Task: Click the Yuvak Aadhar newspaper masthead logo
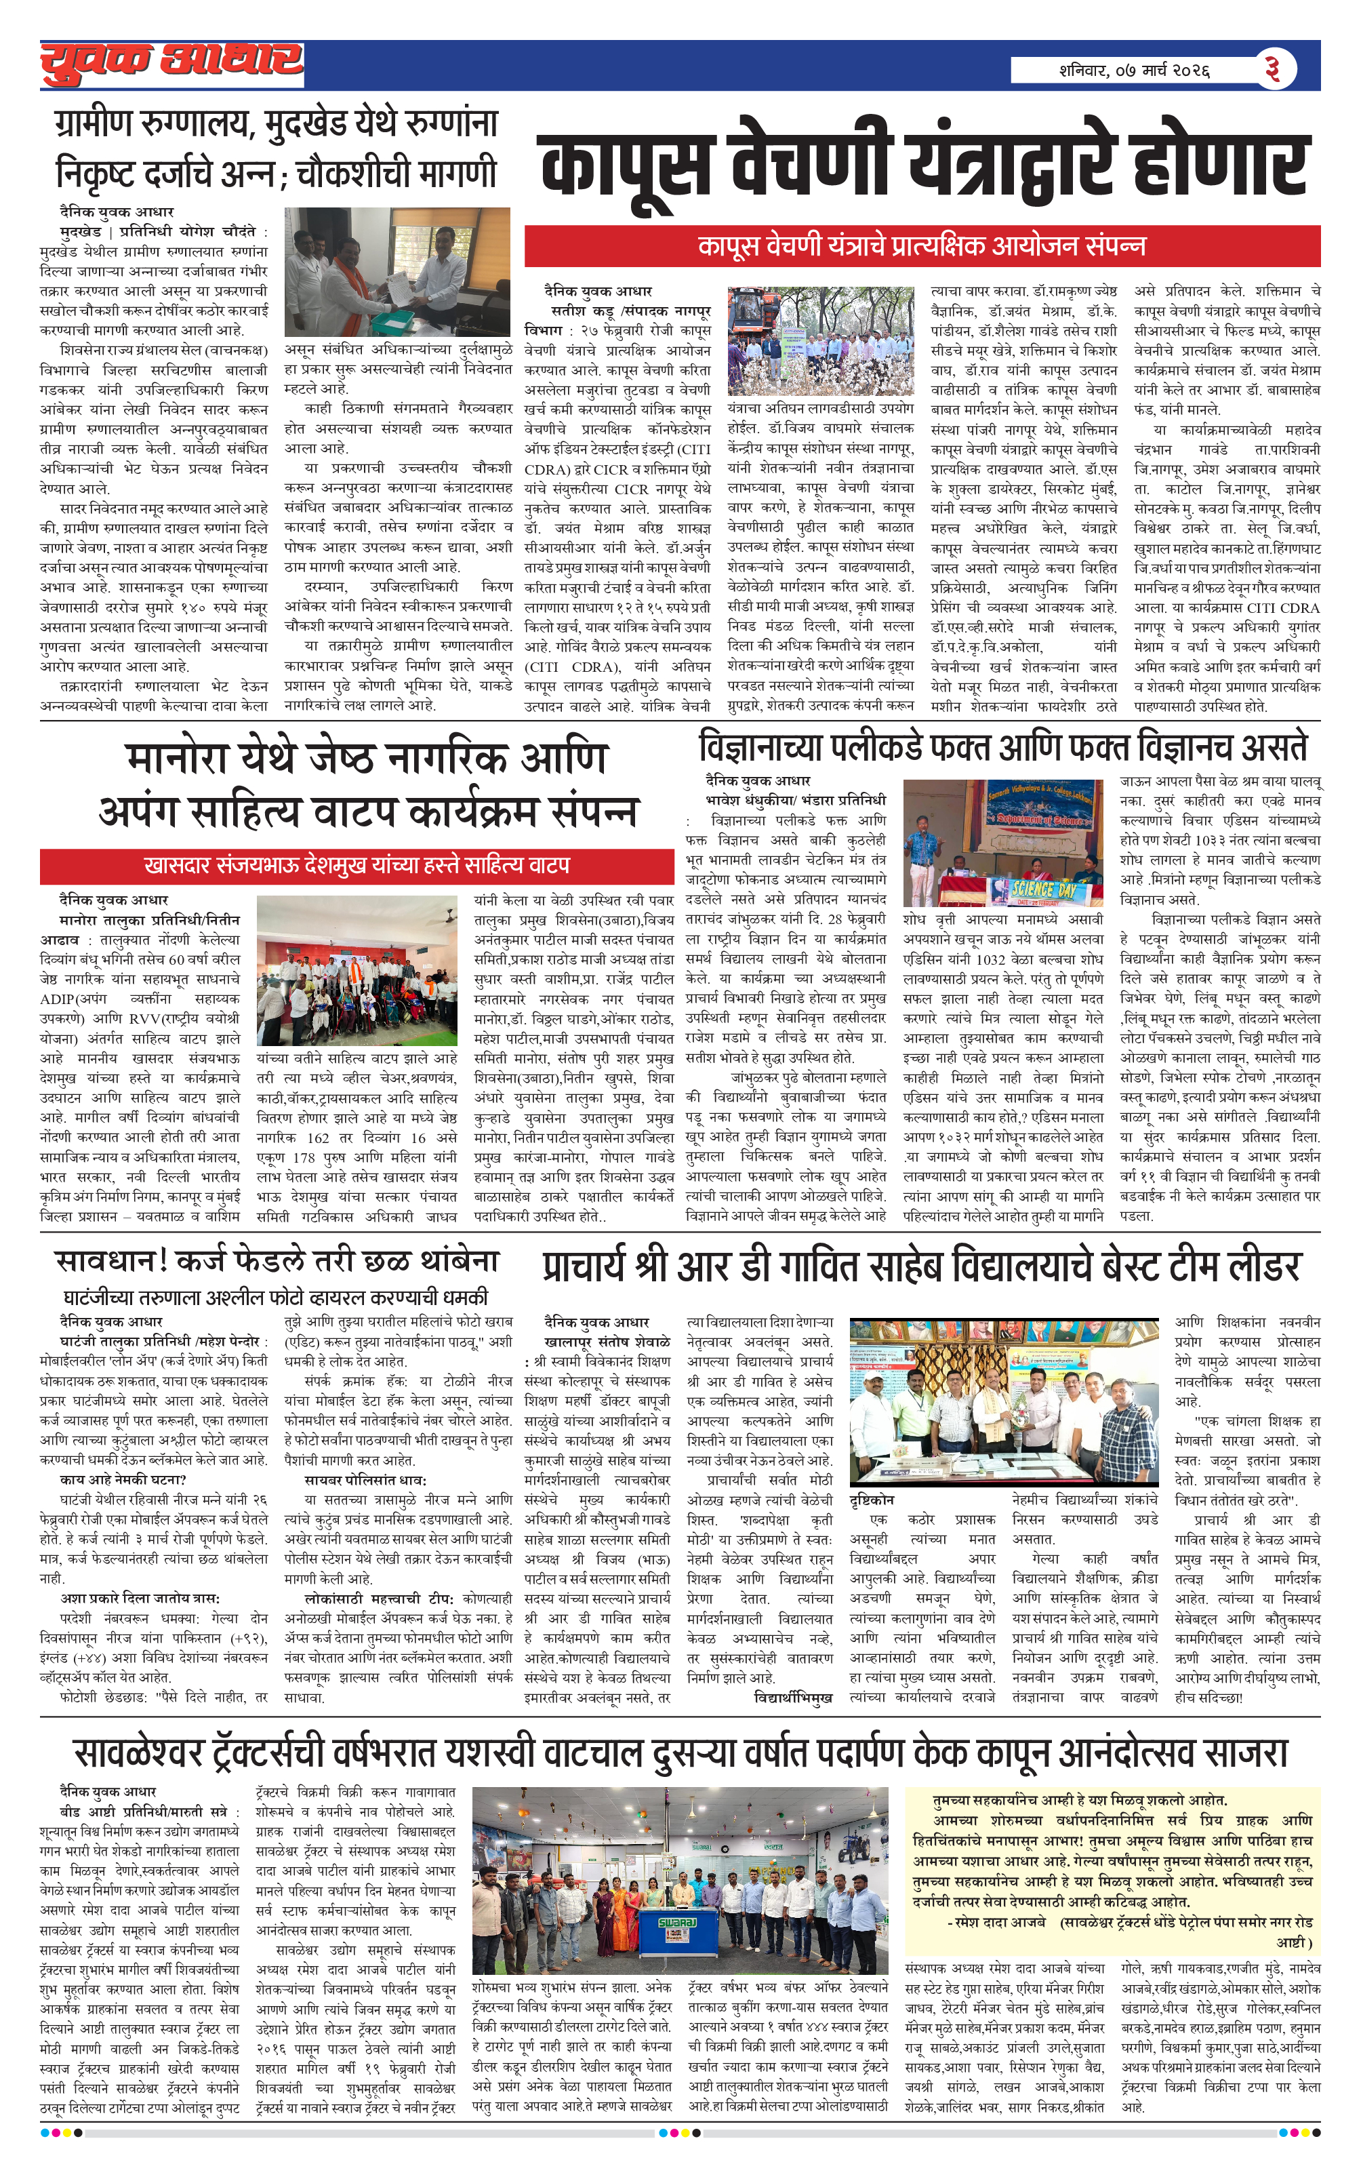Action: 171,63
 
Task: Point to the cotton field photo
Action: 821,336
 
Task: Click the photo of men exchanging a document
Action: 397,272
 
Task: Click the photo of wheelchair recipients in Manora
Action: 357,972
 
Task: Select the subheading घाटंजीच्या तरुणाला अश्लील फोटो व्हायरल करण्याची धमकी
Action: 276,1298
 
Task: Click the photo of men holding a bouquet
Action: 1004,1401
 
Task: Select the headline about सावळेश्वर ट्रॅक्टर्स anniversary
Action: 680,1752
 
